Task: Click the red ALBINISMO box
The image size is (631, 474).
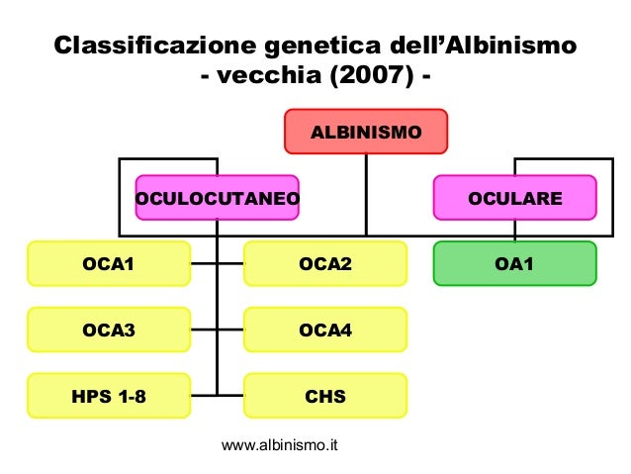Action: tap(366, 132)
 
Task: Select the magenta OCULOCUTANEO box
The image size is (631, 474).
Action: tap(218, 198)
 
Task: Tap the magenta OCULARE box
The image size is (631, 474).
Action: tap(514, 198)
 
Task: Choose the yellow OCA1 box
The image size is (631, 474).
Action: tap(109, 264)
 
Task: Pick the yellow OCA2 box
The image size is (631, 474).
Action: tap(325, 264)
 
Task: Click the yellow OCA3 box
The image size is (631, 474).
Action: tap(109, 331)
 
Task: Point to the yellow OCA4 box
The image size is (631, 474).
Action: tap(325, 331)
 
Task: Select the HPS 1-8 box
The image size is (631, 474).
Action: tap(109, 397)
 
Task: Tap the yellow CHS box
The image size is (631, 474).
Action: tap(325, 397)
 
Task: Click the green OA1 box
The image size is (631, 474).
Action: tap(515, 264)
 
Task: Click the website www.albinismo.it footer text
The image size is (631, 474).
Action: tap(280, 446)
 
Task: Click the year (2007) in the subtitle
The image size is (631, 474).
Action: tap(375, 77)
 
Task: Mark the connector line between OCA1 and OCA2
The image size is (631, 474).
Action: tap(217, 264)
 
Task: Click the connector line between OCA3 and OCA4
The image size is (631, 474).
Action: tap(217, 331)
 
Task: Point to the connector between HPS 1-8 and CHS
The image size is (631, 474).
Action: tap(217, 397)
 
